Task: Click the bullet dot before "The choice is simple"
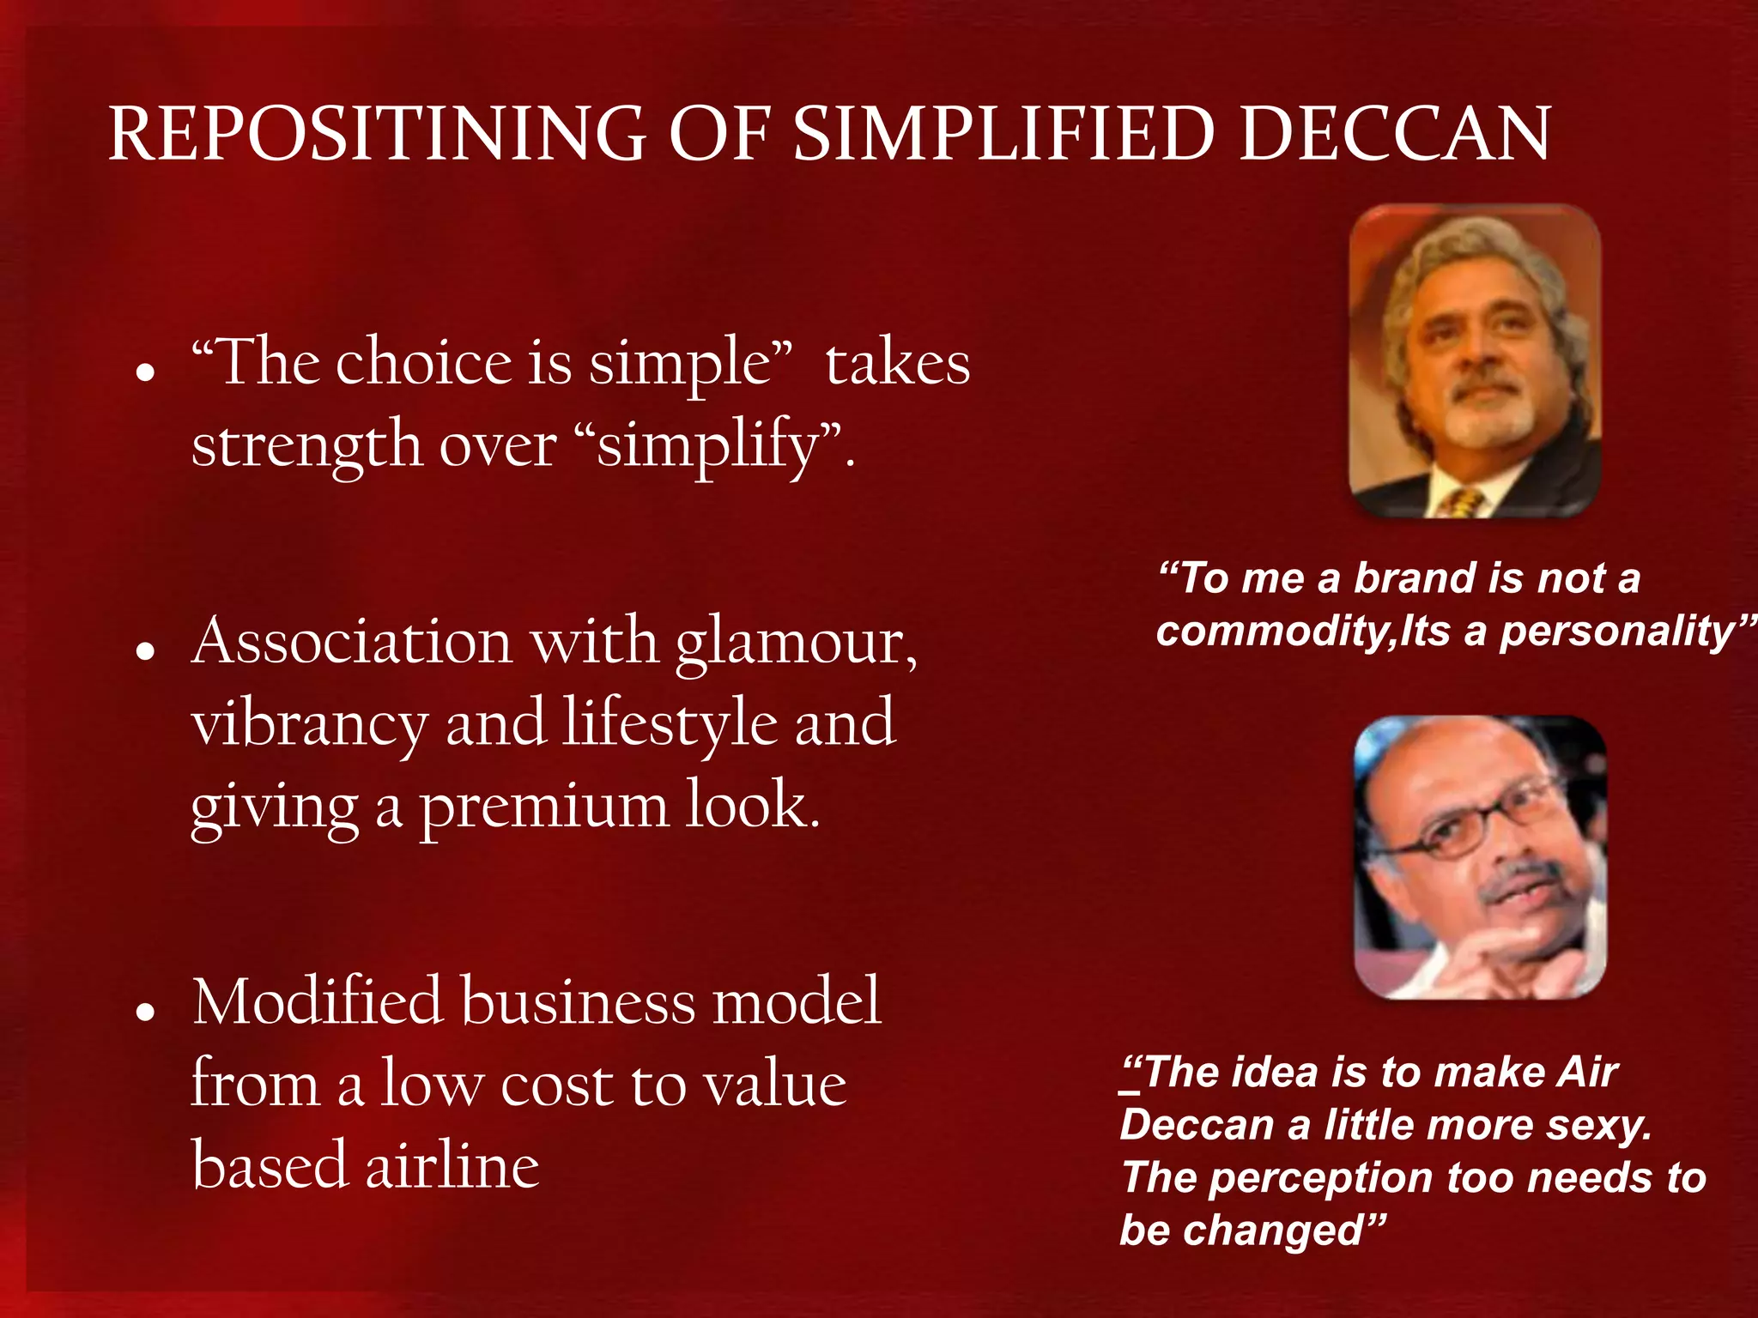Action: [145, 372]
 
